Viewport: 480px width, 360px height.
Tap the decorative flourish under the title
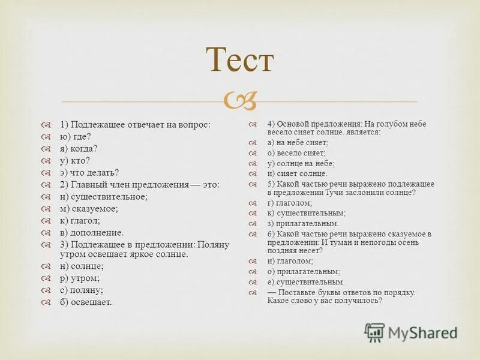tap(240, 100)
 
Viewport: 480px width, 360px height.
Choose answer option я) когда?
tap(78, 148)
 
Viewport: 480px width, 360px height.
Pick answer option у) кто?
tap(74, 160)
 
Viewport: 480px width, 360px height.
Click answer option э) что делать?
tap(89, 172)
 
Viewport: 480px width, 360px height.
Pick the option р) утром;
tap(80, 278)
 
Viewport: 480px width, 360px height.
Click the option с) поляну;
tap(82, 290)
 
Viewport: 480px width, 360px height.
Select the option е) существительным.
tap(306, 281)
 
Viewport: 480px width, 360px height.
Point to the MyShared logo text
tap(422, 332)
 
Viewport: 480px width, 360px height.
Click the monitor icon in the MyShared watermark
tap(374, 332)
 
